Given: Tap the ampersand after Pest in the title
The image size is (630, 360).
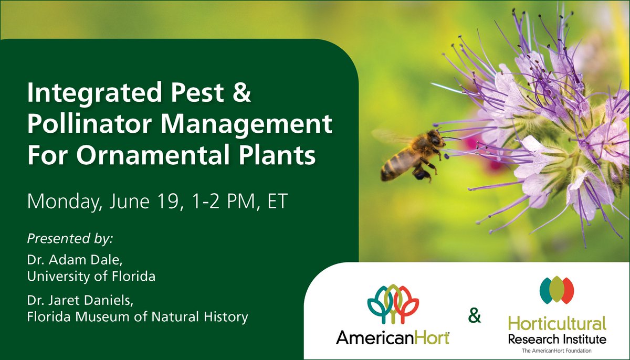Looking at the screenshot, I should click(x=240, y=94).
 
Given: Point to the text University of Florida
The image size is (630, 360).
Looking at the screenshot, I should click(x=91, y=276).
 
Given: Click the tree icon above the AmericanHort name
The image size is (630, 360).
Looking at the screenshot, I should click(x=393, y=304).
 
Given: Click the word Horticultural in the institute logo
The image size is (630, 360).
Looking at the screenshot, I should click(x=556, y=323).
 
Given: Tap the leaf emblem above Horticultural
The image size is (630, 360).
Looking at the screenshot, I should click(x=556, y=290).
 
